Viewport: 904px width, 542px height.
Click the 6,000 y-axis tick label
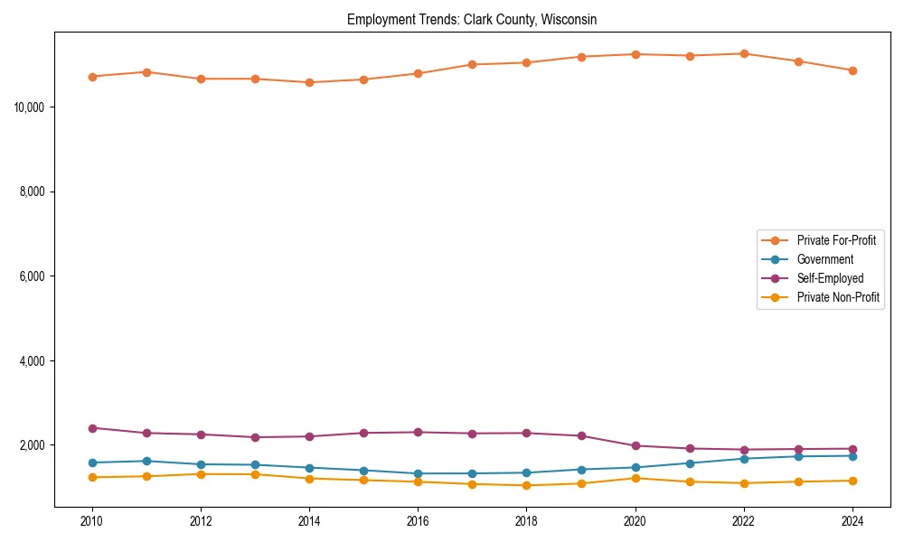coord(33,276)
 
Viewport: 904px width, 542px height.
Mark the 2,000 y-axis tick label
coord(33,445)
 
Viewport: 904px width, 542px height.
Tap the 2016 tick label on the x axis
coord(418,521)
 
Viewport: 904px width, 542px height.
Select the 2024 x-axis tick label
coord(852,521)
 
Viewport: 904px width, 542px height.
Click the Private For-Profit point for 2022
coord(744,53)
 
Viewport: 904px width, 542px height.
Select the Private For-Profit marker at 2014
coord(309,82)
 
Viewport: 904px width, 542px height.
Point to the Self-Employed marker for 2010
coord(92,428)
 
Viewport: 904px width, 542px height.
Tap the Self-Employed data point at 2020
coord(636,446)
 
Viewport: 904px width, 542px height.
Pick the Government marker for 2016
coord(418,473)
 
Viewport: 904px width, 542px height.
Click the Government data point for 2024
coord(852,456)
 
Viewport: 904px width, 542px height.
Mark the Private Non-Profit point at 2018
coord(527,486)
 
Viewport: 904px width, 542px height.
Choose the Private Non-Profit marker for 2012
coord(201,474)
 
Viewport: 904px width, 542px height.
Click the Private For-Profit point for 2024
coord(852,70)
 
